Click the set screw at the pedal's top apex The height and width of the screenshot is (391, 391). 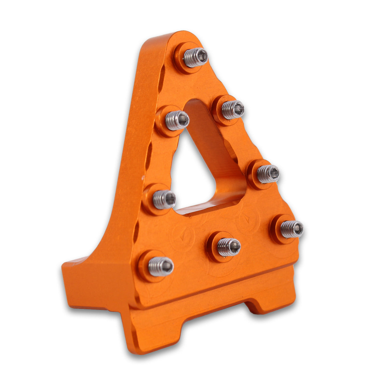195,57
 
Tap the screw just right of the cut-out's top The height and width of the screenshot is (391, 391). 232,109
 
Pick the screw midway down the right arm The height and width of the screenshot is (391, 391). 268,174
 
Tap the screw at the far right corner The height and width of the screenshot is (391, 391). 291,229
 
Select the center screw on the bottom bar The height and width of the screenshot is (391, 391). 228,247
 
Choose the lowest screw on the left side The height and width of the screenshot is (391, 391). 161,266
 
